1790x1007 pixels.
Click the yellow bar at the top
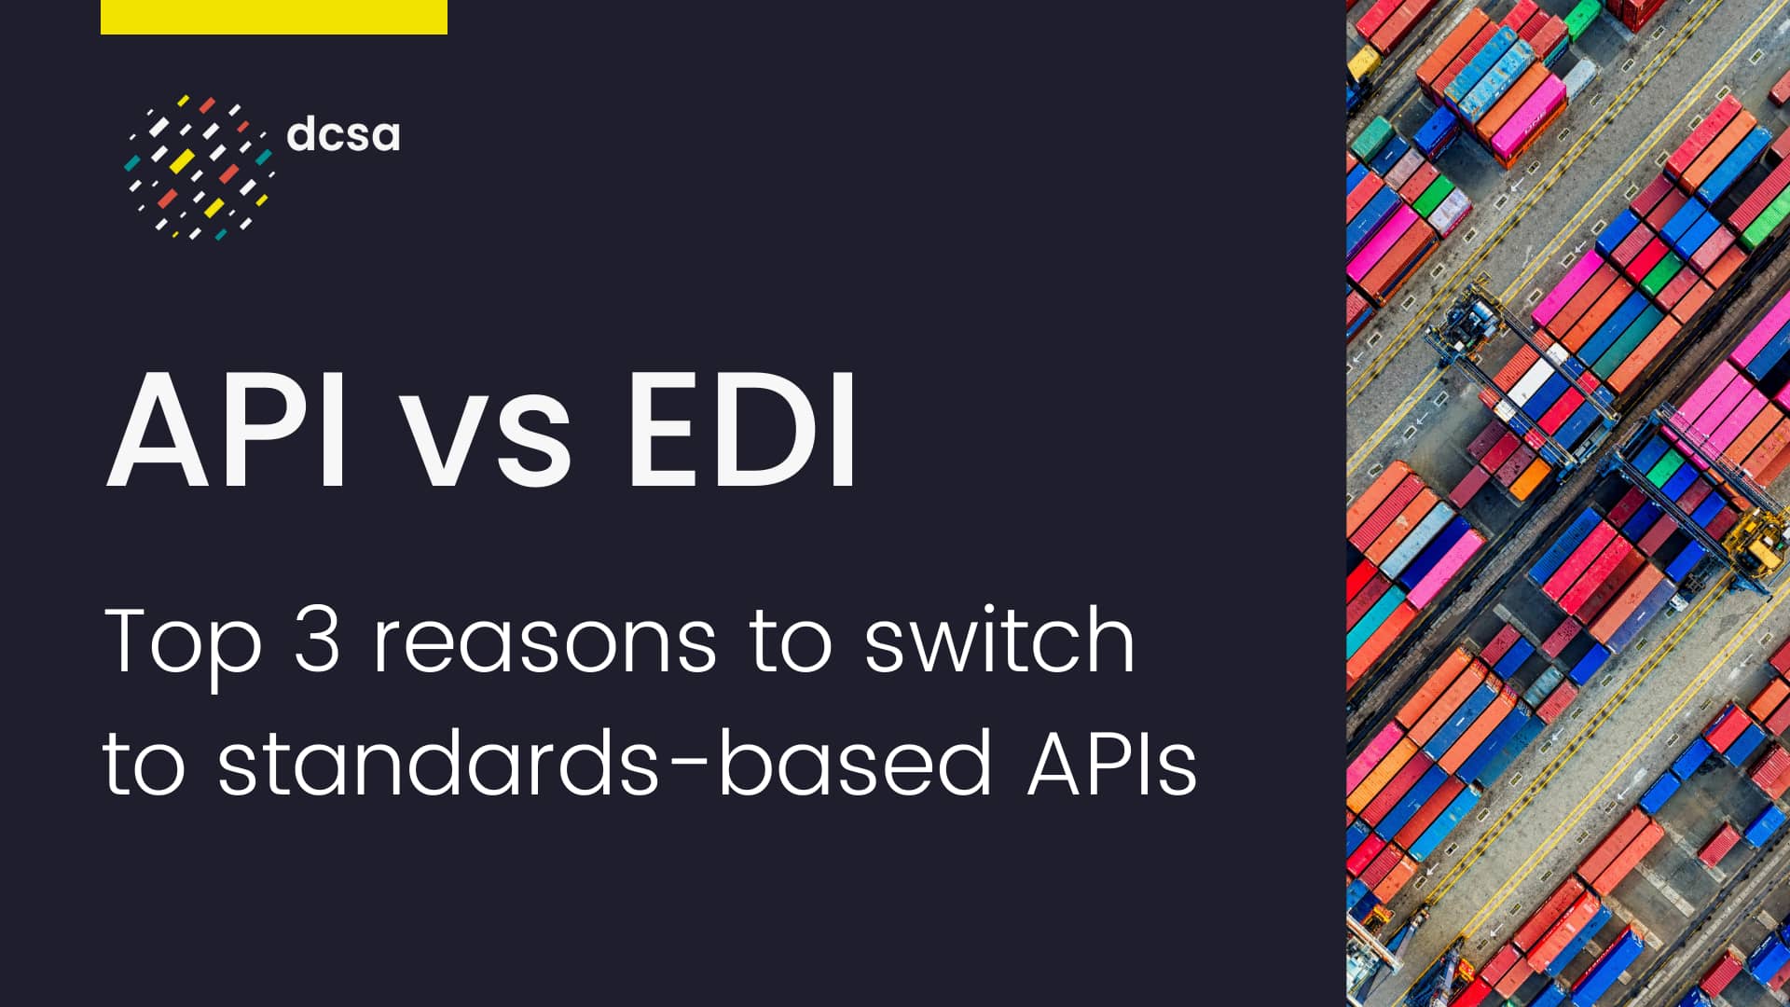tap(273, 17)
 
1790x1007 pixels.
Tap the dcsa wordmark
tap(343, 134)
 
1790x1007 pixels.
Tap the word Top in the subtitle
tap(183, 641)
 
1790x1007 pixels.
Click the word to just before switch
tap(791, 641)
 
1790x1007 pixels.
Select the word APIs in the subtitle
tap(1111, 763)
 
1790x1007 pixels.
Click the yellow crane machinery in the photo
tap(1756, 541)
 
